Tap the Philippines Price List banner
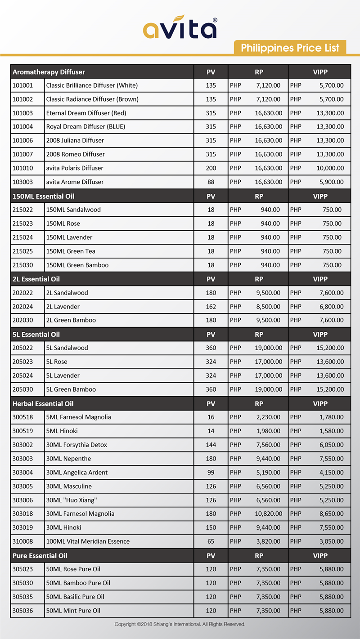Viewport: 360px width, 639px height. pos(290,48)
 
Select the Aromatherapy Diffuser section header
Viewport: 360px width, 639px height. pos(49,72)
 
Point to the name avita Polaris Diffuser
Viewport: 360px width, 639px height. pos(75,168)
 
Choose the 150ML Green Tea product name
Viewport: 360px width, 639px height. pos(71,251)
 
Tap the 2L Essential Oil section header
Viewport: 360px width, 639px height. pos(36,279)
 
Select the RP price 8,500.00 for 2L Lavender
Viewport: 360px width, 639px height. pos(268,307)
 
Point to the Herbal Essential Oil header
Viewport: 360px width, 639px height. pos(43,404)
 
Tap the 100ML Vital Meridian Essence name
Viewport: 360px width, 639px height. pos(88,541)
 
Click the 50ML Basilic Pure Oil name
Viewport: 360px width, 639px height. pos(75,597)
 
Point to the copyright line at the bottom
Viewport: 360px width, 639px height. pos(180,625)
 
